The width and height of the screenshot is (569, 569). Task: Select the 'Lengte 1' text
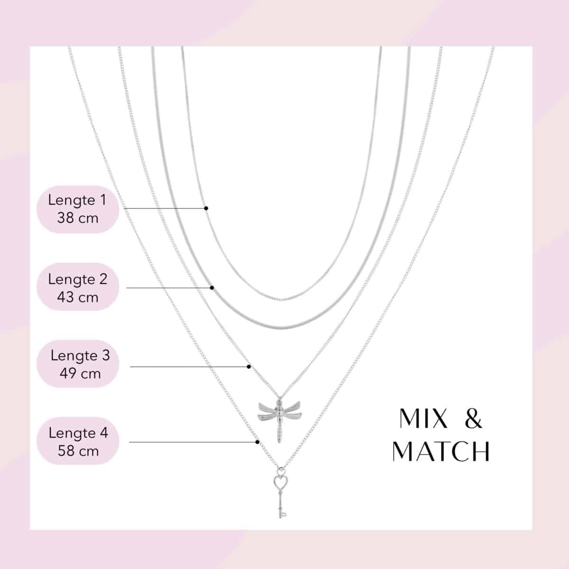click(x=77, y=200)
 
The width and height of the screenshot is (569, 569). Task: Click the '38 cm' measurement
click(x=78, y=218)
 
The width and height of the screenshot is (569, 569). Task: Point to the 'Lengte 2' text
click(x=78, y=279)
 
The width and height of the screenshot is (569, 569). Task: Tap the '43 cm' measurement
click(x=78, y=297)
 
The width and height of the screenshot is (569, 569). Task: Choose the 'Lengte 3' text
click(x=80, y=356)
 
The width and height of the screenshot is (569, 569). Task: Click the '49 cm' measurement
click(x=80, y=374)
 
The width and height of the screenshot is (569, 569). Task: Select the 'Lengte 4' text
click(x=78, y=433)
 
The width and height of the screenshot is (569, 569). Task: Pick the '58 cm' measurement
click(x=78, y=451)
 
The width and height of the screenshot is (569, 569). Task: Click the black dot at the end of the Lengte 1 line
click(x=206, y=208)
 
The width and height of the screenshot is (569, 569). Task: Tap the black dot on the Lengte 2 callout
click(x=211, y=288)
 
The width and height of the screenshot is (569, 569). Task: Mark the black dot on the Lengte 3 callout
click(x=249, y=367)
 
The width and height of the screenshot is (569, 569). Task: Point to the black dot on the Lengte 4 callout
click(x=257, y=442)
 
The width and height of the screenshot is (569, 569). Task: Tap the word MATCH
click(x=441, y=451)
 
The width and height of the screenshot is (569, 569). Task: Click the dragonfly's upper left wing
click(x=267, y=407)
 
